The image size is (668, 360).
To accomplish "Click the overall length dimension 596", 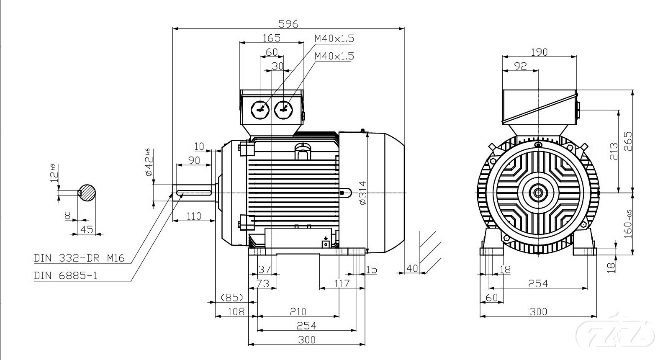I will point(289,24).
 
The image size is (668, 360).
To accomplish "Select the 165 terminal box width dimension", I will point(271,38).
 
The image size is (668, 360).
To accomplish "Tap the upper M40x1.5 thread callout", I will point(334,39).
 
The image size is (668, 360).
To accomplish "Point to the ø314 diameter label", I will point(362,193).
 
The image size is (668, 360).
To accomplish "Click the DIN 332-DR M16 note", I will point(80,258).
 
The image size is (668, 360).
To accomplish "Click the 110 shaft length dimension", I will point(193,216).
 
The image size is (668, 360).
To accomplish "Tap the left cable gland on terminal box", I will point(259,110).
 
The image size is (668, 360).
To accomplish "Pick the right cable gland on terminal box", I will point(283,110).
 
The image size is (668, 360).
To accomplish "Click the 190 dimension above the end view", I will point(539,52).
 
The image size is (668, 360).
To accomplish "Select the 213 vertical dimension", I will point(613,152).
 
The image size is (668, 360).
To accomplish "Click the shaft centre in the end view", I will point(538,193).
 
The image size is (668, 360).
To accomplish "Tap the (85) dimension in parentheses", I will point(232,297).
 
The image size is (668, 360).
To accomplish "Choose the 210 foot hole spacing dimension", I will point(298,311).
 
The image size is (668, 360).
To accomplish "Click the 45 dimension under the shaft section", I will point(87,229).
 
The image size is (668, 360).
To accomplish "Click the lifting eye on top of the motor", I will point(303,151).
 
